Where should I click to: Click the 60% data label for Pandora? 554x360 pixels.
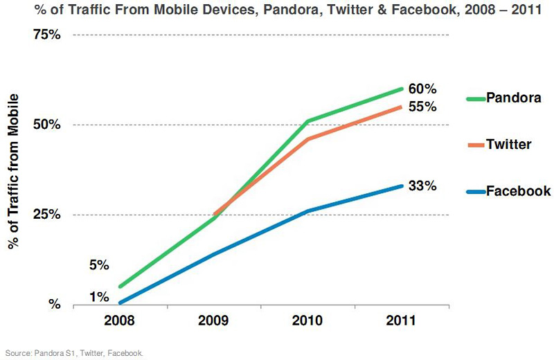(x=422, y=89)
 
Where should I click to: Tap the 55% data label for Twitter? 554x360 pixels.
(x=422, y=107)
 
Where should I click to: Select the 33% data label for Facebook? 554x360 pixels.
(x=422, y=186)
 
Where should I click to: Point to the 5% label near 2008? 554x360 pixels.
(x=99, y=265)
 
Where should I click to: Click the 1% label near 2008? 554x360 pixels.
(x=99, y=297)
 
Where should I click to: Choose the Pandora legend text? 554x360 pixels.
(x=512, y=98)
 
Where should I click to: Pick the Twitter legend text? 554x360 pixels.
(x=508, y=145)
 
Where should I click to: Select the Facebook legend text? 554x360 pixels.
(x=518, y=191)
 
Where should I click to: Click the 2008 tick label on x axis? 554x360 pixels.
(x=119, y=321)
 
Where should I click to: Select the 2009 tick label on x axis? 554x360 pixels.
(x=213, y=321)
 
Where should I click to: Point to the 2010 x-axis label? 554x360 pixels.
(x=307, y=321)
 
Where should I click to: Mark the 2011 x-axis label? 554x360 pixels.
(x=401, y=321)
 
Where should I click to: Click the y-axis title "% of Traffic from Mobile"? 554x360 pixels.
(x=13, y=170)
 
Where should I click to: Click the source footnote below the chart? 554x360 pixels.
(x=73, y=353)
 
